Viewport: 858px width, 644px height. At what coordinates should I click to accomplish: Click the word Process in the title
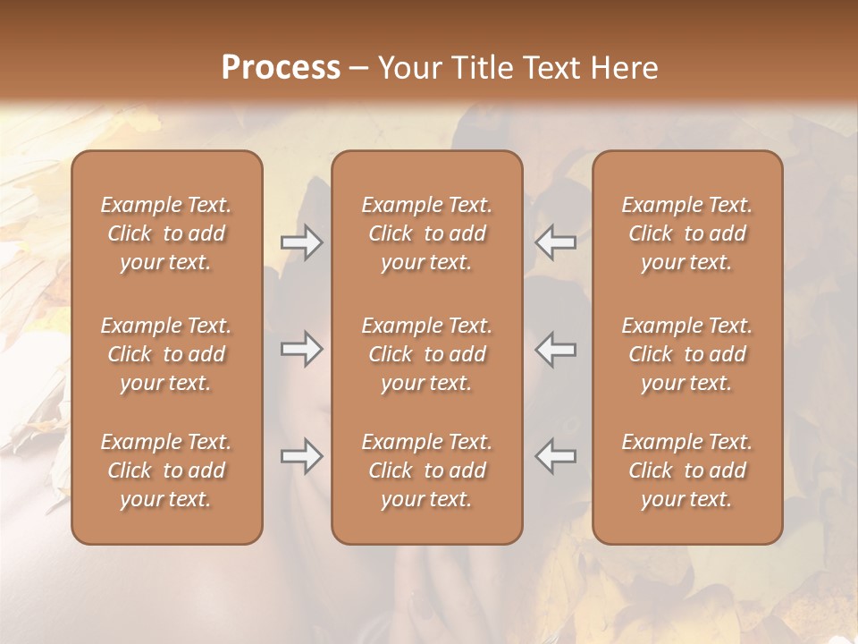[x=281, y=68]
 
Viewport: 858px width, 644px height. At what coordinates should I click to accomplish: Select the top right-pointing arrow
[x=302, y=242]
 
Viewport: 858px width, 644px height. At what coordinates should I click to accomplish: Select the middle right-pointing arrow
[x=302, y=349]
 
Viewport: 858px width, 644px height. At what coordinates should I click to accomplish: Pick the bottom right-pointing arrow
[x=302, y=456]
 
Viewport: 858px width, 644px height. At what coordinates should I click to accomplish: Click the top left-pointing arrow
[x=556, y=242]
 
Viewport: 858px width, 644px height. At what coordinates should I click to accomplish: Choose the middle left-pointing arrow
[x=556, y=349]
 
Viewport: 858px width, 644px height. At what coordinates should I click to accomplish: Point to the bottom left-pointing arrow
[x=556, y=456]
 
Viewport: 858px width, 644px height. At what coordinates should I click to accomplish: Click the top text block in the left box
[x=166, y=233]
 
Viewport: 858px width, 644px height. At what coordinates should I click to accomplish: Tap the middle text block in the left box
[x=166, y=354]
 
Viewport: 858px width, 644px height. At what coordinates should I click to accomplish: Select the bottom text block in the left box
[x=166, y=470]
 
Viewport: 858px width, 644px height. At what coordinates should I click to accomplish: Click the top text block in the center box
[x=426, y=233]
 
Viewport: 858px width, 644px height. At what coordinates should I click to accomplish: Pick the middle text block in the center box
[x=426, y=354]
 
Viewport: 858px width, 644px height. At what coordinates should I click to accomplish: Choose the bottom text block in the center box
[x=426, y=470]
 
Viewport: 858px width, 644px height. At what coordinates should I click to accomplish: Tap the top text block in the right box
[x=687, y=233]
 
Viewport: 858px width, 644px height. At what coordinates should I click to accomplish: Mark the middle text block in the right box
[x=687, y=354]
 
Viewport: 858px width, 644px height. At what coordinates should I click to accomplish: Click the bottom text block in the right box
[x=687, y=470]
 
